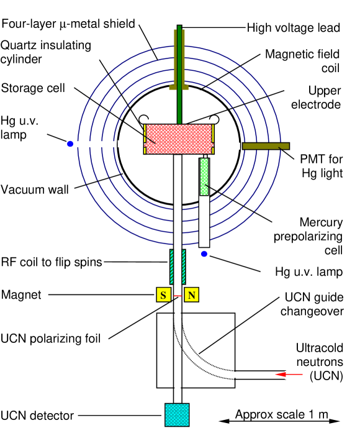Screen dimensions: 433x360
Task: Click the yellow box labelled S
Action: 163,294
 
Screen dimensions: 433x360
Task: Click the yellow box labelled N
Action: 191,294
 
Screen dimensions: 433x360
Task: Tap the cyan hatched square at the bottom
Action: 177,414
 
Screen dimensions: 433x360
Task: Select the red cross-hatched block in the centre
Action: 179,139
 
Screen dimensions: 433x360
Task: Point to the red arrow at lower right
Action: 289,374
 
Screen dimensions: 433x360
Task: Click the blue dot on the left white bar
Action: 70,144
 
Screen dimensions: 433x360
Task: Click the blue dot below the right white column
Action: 204,253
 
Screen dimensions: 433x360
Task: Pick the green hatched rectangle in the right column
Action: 204,176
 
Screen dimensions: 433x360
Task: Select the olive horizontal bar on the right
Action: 266,146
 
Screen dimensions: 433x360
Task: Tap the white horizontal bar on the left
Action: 93,144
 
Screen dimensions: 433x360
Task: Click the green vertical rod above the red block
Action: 179,75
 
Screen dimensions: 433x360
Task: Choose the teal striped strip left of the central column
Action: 172,267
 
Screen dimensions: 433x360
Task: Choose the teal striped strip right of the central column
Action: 183,267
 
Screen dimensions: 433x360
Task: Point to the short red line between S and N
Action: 178,295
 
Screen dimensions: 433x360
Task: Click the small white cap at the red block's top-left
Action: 148,121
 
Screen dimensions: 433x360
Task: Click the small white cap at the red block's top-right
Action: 209,121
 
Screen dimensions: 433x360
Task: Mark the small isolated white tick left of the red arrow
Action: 235,375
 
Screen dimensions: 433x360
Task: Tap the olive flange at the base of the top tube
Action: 179,88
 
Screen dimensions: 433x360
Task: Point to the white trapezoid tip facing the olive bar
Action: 238,146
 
